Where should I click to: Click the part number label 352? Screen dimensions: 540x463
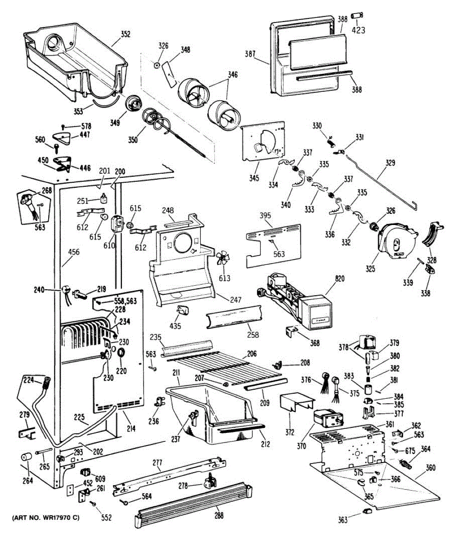tap(125, 34)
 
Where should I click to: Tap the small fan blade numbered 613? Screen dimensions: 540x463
tap(222, 259)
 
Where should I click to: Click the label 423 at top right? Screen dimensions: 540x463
tap(358, 31)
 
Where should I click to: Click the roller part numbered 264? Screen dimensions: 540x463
tap(25, 457)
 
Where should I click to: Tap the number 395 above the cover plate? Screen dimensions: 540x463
tap(266, 216)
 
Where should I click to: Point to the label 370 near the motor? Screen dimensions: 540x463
tap(301, 446)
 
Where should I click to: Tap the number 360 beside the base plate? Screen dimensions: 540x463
tap(431, 468)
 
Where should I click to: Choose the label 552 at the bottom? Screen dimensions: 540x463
tap(106, 517)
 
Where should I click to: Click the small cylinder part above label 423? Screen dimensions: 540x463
tap(358, 17)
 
